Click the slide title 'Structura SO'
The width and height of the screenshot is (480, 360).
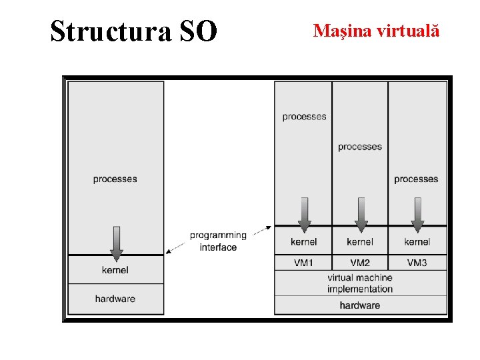(x=133, y=31)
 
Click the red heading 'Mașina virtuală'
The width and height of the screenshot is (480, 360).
(x=376, y=31)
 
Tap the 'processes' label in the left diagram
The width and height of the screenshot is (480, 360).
(x=115, y=179)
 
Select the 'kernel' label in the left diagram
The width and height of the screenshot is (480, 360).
(x=115, y=270)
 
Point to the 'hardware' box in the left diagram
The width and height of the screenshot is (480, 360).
(x=115, y=299)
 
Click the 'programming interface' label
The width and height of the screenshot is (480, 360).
(x=218, y=241)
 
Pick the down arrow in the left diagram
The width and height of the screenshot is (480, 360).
(x=116, y=243)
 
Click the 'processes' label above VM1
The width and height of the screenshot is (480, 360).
(x=304, y=117)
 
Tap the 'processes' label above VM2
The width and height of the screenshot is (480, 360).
(x=360, y=147)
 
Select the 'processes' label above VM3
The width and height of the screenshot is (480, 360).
(x=416, y=179)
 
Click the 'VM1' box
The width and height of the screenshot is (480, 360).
(x=303, y=263)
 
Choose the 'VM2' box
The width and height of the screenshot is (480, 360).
(x=360, y=263)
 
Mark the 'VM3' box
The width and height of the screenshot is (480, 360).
(x=417, y=263)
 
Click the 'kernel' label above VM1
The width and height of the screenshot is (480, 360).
(x=304, y=241)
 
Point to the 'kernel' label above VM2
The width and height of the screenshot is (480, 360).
(x=360, y=241)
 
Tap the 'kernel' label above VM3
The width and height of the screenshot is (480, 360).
(x=417, y=241)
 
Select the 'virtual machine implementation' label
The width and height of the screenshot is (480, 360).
(x=360, y=283)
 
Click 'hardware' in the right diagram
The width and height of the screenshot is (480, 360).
(x=360, y=305)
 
